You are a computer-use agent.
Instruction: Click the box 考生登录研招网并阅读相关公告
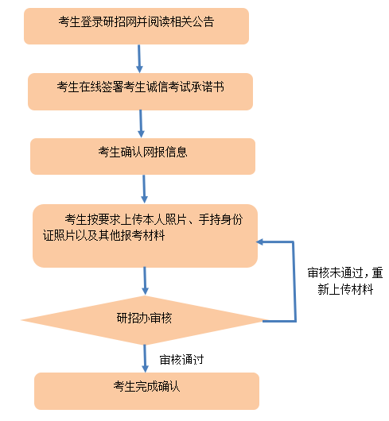pyautogui.click(x=136, y=26)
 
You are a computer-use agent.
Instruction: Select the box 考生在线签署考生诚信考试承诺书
pyautogui.click(x=140, y=91)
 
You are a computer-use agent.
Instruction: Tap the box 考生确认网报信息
pyautogui.click(x=142, y=156)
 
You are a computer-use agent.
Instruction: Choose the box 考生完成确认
pyautogui.click(x=147, y=391)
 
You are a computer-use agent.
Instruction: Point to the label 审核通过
pyautogui.click(x=181, y=360)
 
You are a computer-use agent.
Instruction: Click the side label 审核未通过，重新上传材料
pyautogui.click(x=345, y=281)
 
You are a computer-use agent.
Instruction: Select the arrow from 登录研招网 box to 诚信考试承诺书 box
pyautogui.click(x=139, y=59)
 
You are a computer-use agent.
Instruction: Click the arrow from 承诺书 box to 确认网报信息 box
pyautogui.click(x=141, y=124)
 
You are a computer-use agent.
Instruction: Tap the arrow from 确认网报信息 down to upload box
pyautogui.click(x=144, y=189)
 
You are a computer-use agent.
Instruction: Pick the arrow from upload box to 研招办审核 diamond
pyautogui.click(x=145, y=281)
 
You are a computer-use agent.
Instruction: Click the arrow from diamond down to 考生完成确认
pyautogui.click(x=145, y=358)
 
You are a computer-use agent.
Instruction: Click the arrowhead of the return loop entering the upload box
pyautogui.click(x=259, y=242)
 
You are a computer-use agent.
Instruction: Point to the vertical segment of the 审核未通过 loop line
pyautogui.click(x=294, y=281)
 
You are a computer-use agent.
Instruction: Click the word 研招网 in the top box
pyautogui.click(x=115, y=21)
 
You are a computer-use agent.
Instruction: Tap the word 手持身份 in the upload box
pyautogui.click(x=220, y=219)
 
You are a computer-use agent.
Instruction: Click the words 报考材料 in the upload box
pyautogui.click(x=142, y=235)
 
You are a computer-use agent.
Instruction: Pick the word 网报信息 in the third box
pyautogui.click(x=165, y=152)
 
